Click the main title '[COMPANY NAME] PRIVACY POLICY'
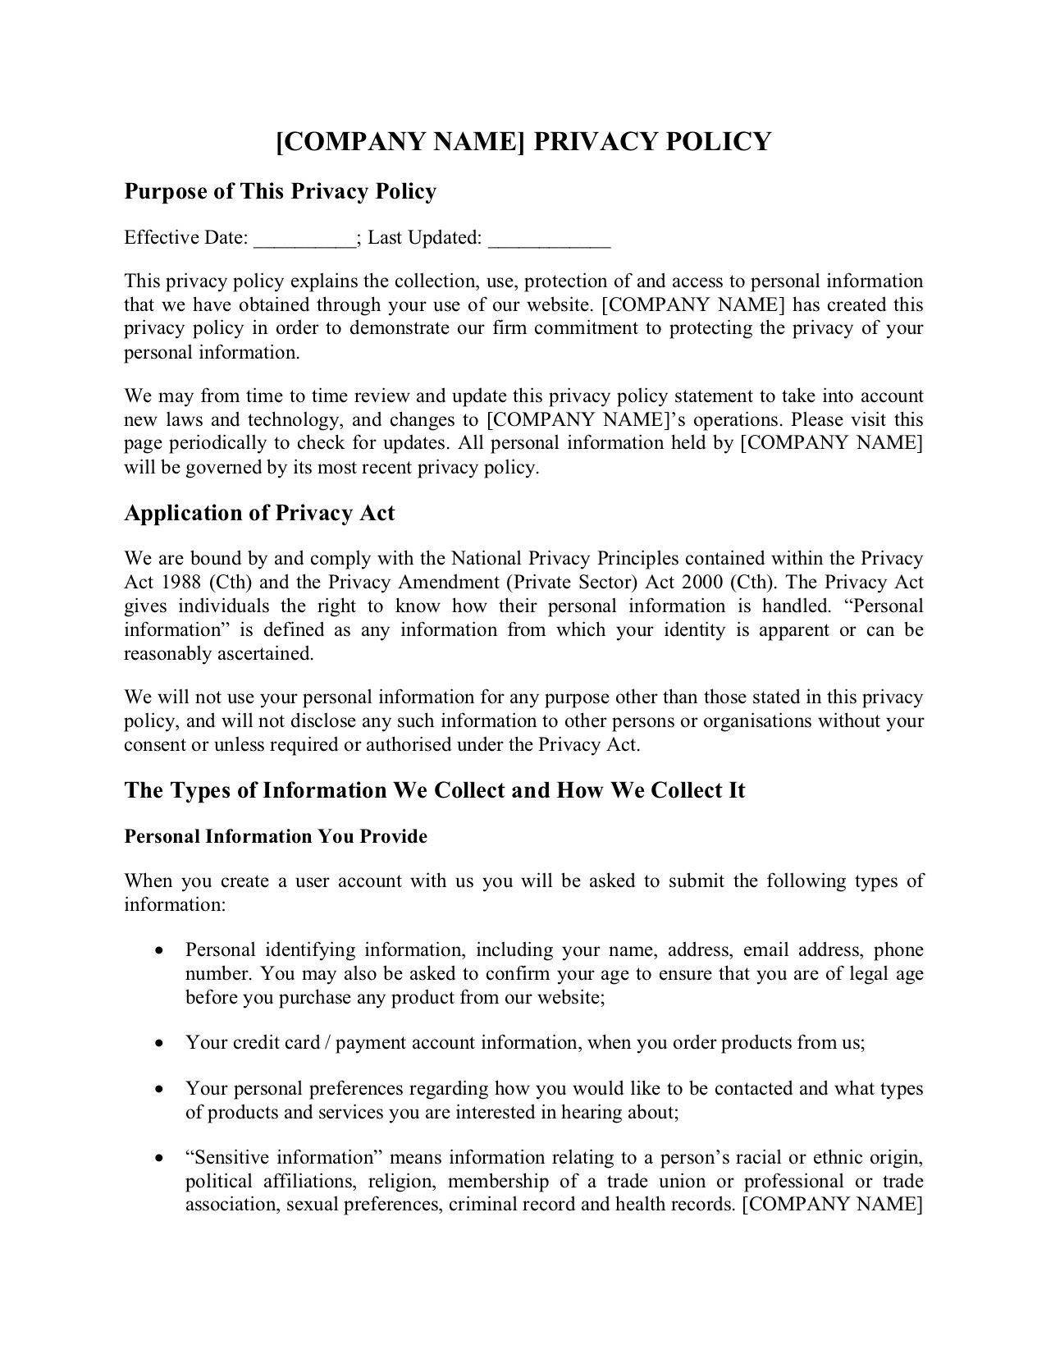point(523,141)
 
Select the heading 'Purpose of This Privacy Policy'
point(280,191)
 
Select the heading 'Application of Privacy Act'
point(259,514)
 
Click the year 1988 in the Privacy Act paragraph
point(182,583)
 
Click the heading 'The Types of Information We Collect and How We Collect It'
point(434,790)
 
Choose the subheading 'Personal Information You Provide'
point(276,837)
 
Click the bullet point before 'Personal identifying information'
point(160,951)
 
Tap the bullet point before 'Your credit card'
point(160,1044)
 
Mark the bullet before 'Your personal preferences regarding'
point(160,1090)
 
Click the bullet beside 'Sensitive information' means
point(160,1159)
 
